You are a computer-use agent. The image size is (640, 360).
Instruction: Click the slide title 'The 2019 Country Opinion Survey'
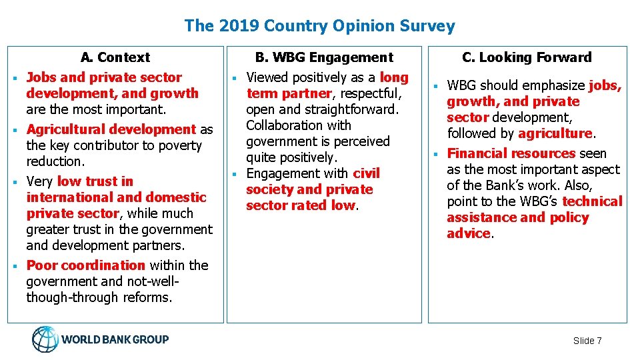[319, 26]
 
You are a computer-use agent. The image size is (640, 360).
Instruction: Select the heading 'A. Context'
[115, 57]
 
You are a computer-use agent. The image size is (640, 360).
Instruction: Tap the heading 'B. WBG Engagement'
[325, 57]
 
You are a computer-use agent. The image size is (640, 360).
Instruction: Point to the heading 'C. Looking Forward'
[527, 57]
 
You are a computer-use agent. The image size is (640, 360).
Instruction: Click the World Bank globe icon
[45, 339]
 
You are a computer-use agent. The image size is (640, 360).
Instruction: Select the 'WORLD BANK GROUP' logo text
[115, 339]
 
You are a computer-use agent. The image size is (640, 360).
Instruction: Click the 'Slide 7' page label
[587, 341]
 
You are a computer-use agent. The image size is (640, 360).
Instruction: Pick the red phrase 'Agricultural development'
[111, 129]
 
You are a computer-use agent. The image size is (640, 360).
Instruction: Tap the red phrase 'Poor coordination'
[85, 265]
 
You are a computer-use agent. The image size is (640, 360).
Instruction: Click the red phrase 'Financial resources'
[511, 153]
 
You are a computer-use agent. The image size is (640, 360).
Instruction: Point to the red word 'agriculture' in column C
[555, 133]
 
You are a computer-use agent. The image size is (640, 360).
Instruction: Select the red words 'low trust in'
[95, 181]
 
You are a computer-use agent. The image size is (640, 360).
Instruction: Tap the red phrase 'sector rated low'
[301, 205]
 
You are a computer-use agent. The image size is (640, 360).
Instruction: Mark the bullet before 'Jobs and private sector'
[14, 78]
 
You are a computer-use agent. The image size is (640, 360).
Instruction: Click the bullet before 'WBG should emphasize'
[435, 87]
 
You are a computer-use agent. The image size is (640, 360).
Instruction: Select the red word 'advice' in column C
[469, 233]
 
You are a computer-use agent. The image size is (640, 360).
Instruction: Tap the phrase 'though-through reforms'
[99, 297]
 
